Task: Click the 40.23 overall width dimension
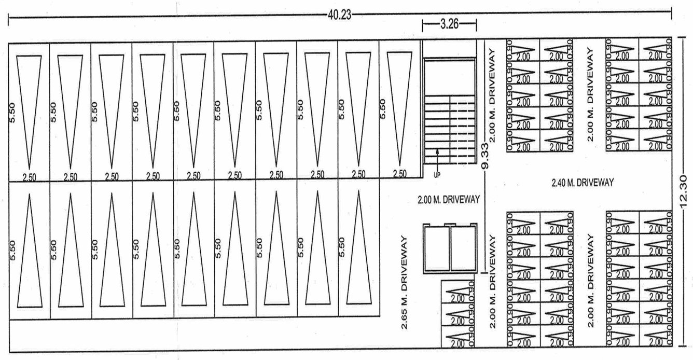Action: (339, 15)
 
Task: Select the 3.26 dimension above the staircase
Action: (450, 25)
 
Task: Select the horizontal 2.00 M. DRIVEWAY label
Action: (448, 199)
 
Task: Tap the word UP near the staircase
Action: (437, 175)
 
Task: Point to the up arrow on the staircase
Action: (437, 156)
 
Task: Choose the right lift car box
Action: (463, 248)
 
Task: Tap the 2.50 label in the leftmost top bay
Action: (29, 176)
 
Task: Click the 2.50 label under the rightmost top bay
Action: (400, 174)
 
